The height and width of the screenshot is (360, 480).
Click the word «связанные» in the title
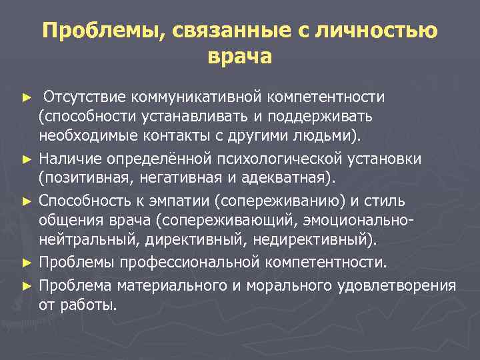point(217,31)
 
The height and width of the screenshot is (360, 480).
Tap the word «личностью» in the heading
point(380,31)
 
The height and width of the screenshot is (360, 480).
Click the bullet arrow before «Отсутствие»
point(27,98)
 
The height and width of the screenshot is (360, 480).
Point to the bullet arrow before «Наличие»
point(27,160)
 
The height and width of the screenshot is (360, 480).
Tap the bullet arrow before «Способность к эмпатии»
point(27,201)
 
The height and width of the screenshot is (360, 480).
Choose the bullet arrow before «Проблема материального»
point(27,285)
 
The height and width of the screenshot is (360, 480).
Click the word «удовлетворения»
point(404,285)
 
